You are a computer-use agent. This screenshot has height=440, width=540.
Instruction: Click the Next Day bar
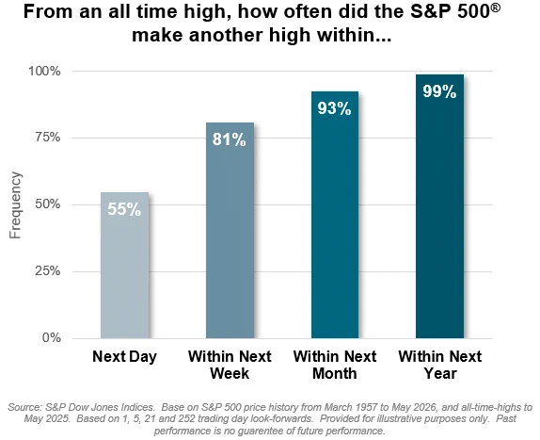point(125,265)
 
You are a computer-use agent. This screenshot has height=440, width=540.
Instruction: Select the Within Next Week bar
point(230,230)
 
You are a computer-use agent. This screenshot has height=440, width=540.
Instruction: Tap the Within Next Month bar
point(335,215)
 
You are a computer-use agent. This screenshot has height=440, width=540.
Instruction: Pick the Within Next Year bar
point(439,206)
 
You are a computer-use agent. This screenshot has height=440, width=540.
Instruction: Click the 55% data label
point(124,209)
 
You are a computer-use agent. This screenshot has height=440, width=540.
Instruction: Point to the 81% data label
point(230,139)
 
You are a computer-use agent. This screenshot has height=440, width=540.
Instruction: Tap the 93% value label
point(334,108)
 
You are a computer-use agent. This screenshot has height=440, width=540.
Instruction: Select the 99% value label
point(439,91)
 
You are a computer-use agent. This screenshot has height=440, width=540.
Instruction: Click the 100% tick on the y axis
point(44,72)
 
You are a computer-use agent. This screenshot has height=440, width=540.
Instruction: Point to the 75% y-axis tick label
point(48,138)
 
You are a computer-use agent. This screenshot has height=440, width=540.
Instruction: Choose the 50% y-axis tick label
point(48,204)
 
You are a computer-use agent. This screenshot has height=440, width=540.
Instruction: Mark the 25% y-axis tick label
point(48,271)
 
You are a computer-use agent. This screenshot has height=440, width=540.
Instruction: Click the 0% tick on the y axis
point(52,337)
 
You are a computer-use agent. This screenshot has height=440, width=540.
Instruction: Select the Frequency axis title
point(15,205)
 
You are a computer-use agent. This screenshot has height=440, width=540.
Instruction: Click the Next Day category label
point(125,356)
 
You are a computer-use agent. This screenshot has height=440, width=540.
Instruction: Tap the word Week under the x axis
point(230,373)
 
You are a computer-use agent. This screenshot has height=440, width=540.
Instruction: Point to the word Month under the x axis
point(334,373)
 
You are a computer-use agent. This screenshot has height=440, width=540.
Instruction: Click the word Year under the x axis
point(440,373)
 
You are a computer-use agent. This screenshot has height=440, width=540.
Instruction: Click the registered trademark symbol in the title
point(495,8)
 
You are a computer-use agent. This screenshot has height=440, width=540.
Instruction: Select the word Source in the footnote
point(24,407)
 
